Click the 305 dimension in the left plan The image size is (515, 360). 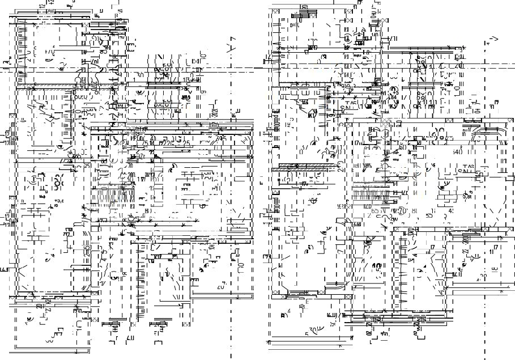pos(221,138)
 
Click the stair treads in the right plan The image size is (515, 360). pos(369,195)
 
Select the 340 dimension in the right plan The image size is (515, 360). pos(456,152)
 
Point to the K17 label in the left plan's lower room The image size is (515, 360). pos(159,257)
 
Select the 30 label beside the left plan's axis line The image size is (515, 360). pos(139,75)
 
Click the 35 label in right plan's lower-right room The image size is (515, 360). pos(483,277)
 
